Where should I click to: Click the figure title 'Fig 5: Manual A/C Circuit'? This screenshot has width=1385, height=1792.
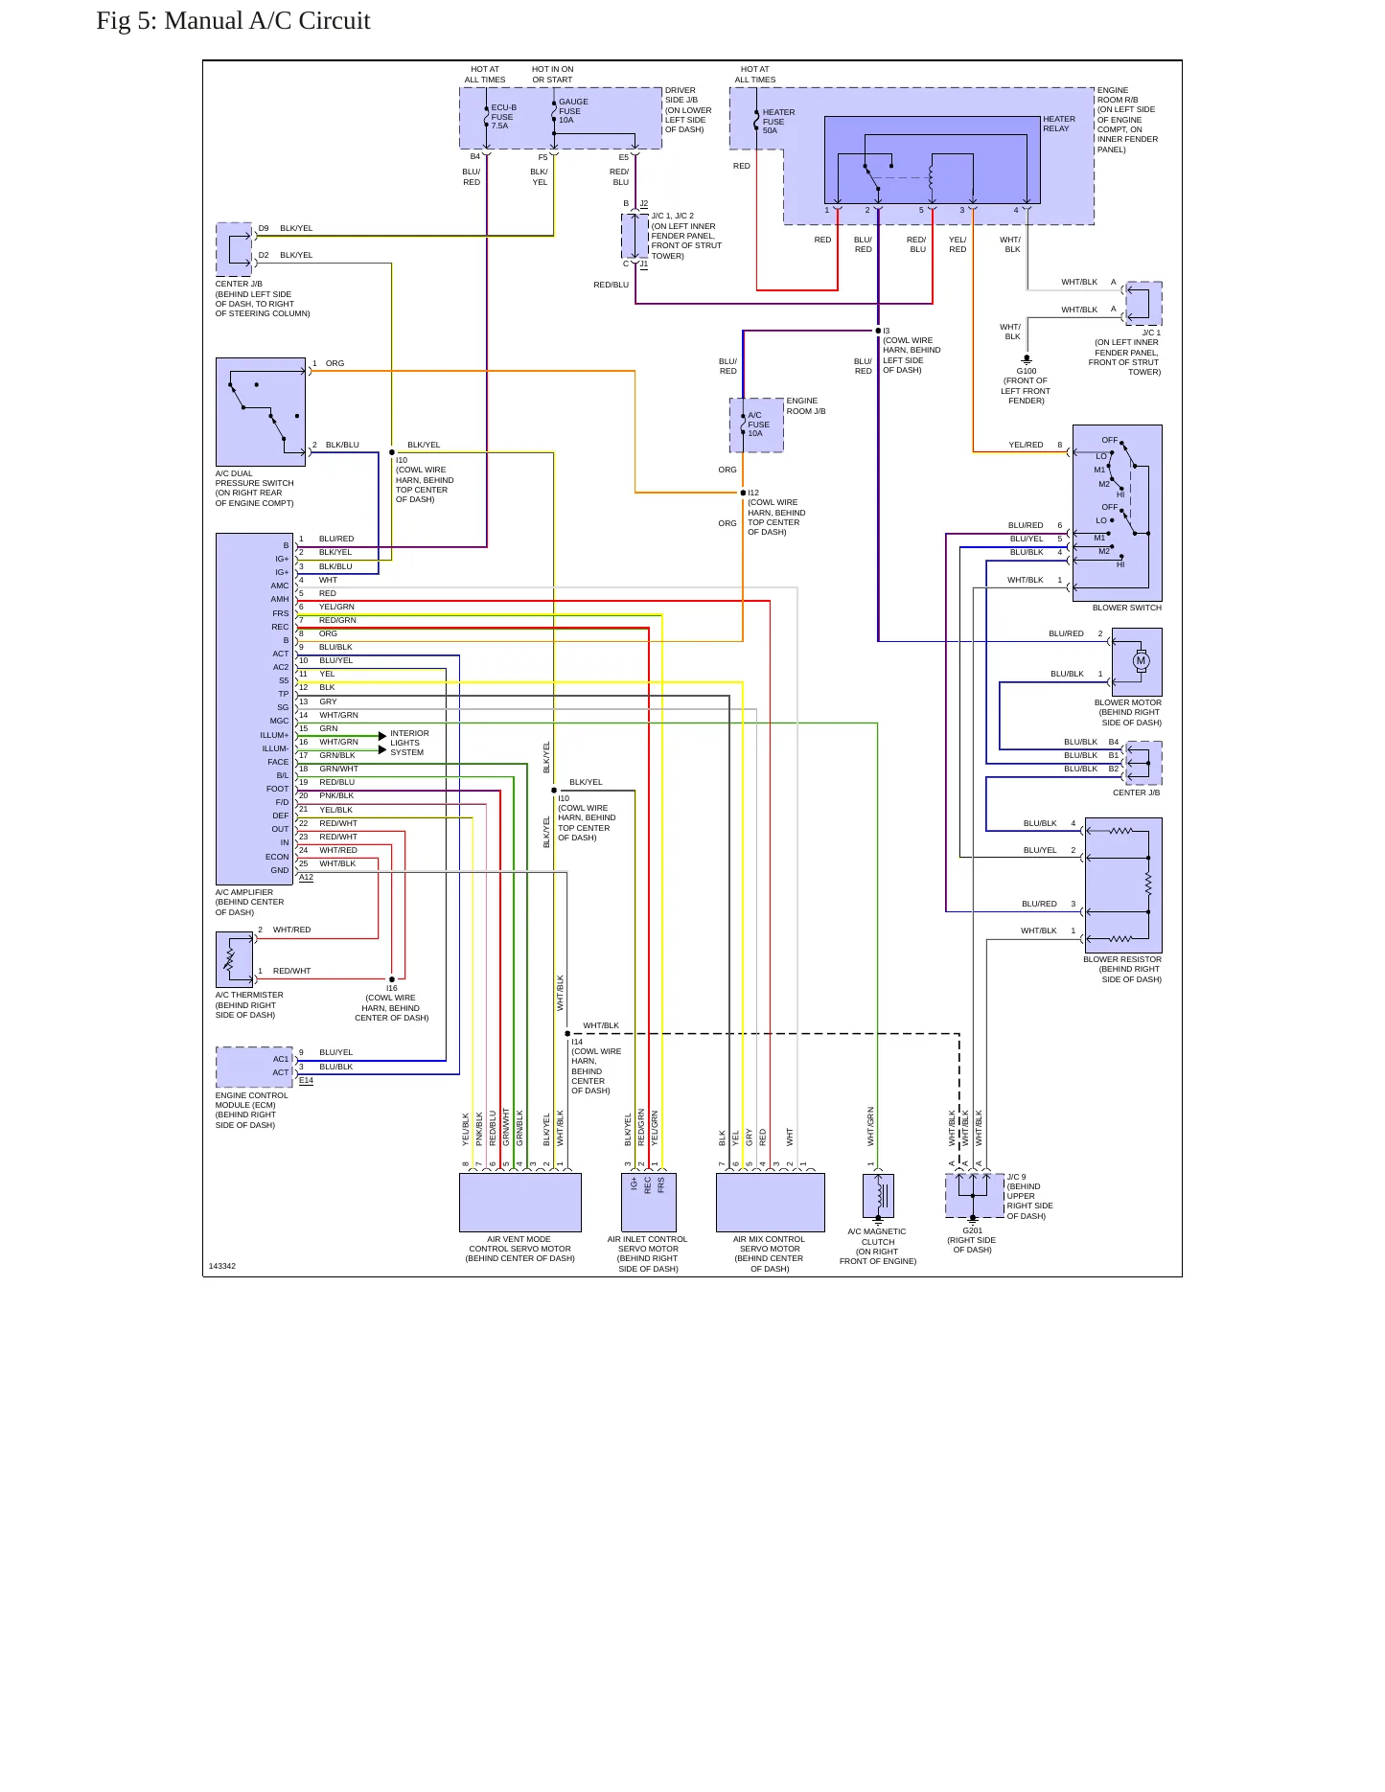pyautogui.click(x=233, y=21)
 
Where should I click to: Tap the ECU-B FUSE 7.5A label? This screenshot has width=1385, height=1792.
pyautogui.click(x=503, y=117)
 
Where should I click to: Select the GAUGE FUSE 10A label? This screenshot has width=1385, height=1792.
pyautogui.click(x=573, y=111)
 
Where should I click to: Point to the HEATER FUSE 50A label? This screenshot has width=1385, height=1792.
pyautogui.click(x=778, y=122)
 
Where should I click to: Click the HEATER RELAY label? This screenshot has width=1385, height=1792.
pyautogui.click(x=1059, y=124)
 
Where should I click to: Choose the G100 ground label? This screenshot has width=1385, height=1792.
pyautogui.click(x=1026, y=371)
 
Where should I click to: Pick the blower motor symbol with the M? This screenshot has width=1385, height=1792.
pyautogui.click(x=1141, y=660)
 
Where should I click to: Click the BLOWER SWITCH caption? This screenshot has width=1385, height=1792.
pyautogui.click(x=1126, y=608)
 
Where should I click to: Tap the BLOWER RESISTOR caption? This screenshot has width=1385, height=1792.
pyautogui.click(x=1122, y=959)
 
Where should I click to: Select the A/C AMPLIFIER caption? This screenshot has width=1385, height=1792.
pyautogui.click(x=244, y=892)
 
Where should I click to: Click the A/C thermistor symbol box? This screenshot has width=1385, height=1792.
pyautogui.click(x=235, y=959)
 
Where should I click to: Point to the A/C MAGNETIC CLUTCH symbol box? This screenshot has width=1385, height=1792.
pyautogui.click(x=878, y=1196)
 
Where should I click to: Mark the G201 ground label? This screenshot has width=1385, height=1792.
pyautogui.click(x=972, y=1230)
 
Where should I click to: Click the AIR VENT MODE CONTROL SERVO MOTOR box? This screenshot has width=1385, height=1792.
pyautogui.click(x=520, y=1203)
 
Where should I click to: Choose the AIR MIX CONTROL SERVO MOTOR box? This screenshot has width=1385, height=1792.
pyautogui.click(x=771, y=1203)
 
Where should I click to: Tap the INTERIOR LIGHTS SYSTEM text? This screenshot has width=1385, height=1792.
pyautogui.click(x=409, y=743)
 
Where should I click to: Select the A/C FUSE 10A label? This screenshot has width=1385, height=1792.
pyautogui.click(x=758, y=425)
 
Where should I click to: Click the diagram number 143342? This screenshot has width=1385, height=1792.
pyautogui.click(x=222, y=1266)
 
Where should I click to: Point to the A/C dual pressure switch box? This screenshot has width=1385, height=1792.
pyautogui.click(x=261, y=412)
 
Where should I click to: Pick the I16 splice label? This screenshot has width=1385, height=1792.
pyautogui.click(x=392, y=988)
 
